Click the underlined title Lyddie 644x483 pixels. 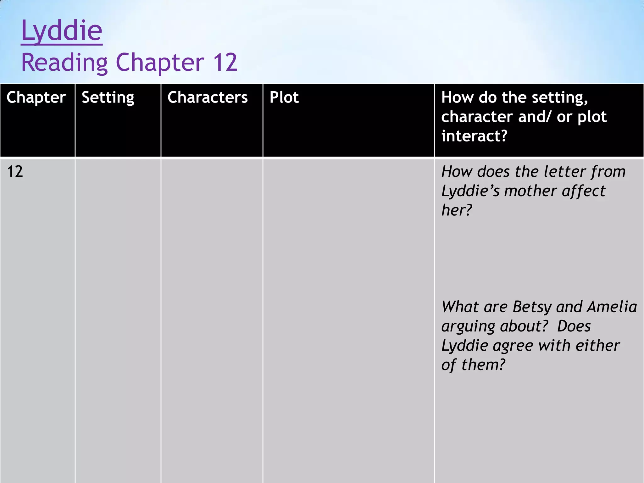click(62, 31)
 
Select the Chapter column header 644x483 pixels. click(36, 97)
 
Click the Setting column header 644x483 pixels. click(108, 97)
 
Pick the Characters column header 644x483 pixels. click(208, 97)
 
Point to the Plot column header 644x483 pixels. click(284, 97)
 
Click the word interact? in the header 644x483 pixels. click(474, 136)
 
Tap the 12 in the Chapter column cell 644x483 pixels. click(15, 172)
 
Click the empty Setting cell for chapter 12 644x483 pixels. click(118, 314)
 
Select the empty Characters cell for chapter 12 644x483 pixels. click(212, 314)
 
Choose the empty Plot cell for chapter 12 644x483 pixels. click(348, 314)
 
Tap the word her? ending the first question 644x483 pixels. click(457, 210)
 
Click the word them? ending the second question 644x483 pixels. click(483, 365)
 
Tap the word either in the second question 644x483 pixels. click(597, 346)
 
